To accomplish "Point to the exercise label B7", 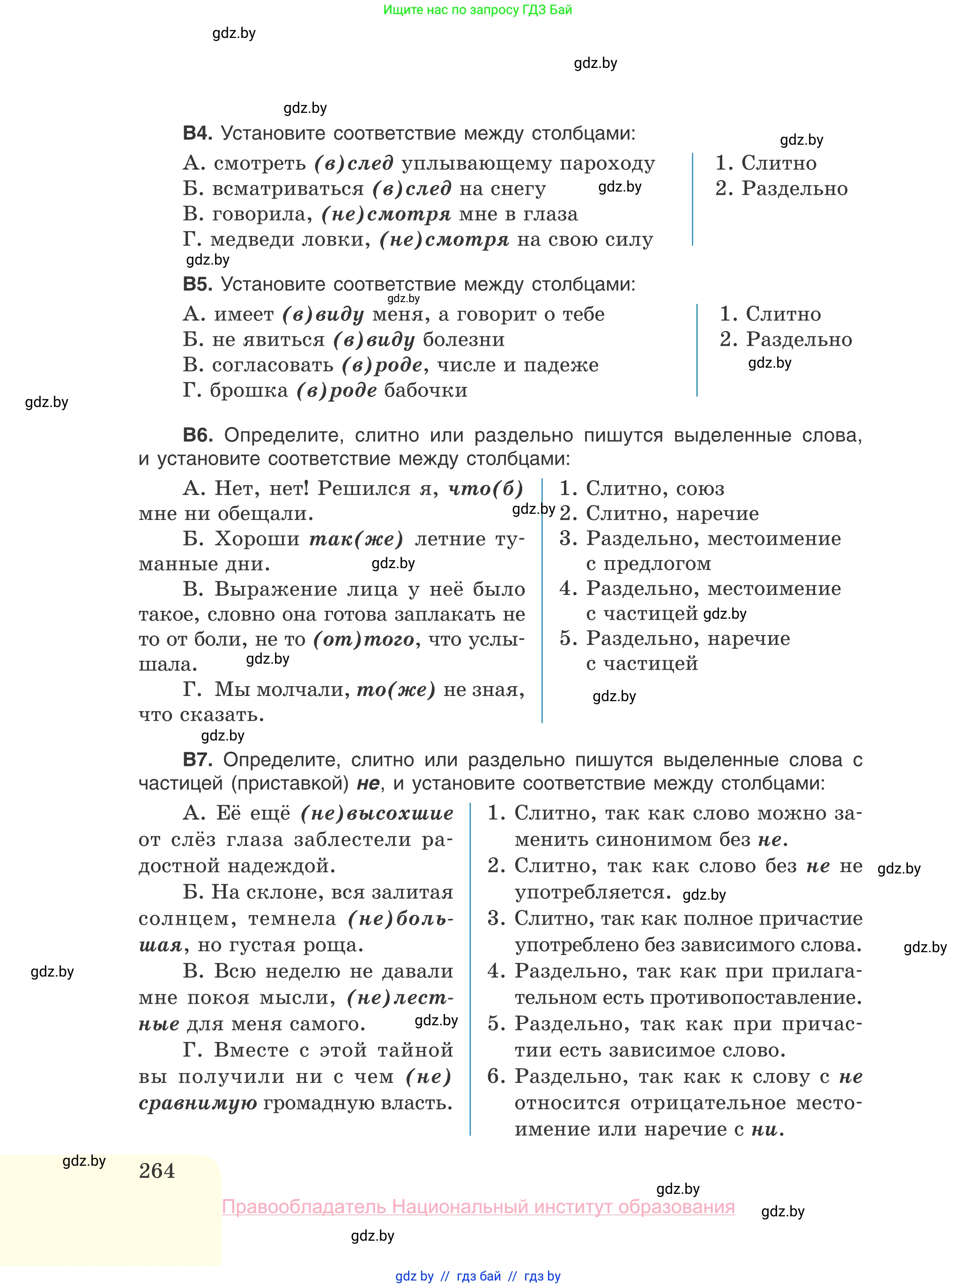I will point(197,759).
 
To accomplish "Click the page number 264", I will point(157,1171).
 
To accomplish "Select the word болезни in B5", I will point(463,340).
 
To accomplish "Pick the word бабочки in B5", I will point(426,391).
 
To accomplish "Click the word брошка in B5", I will point(249,391).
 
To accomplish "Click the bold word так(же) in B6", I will point(356,539).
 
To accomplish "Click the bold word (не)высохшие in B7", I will point(377,814).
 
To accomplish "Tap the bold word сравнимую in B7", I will point(198,1103).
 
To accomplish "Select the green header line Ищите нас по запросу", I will point(477,10).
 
